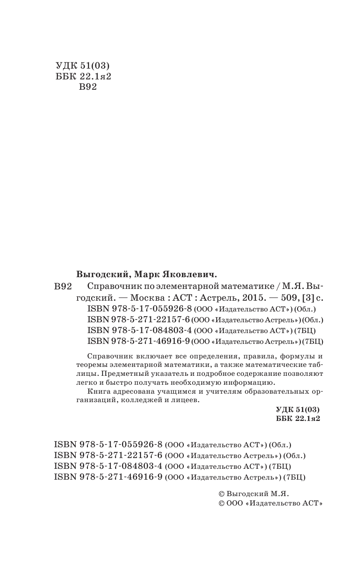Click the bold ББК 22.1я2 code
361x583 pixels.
click(298, 419)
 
